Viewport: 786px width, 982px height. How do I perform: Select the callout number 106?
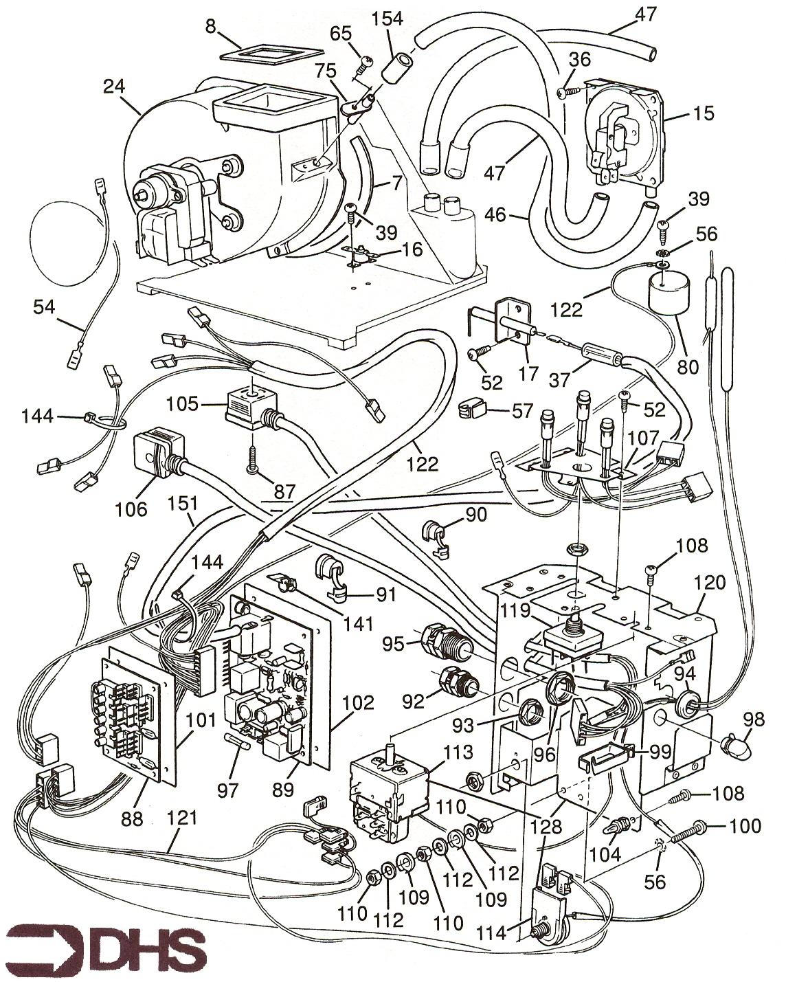pos(131,508)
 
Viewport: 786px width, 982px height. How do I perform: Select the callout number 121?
pos(182,818)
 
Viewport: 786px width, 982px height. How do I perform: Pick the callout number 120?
pos(709,583)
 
